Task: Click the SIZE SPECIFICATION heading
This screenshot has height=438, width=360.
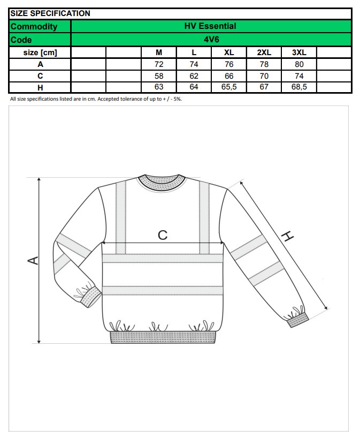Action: pos(50,13)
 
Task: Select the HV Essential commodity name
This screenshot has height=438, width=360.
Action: pos(210,26)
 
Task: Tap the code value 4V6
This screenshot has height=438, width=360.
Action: pos(211,40)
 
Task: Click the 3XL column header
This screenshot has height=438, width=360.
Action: pos(299,52)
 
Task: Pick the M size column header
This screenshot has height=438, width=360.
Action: pos(159,52)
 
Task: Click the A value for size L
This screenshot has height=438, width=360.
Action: pos(194,64)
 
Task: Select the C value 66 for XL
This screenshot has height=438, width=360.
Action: pos(229,76)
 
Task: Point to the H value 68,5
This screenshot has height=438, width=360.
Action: pos(299,87)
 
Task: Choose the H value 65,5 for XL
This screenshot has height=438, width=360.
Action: pos(229,87)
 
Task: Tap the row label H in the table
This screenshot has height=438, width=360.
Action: pos(40,87)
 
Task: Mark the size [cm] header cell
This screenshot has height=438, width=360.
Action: pos(40,52)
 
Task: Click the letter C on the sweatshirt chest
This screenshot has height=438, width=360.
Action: pos(163,235)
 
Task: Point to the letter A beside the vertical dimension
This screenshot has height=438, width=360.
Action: pos(33,260)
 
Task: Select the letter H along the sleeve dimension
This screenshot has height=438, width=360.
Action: pos(288,236)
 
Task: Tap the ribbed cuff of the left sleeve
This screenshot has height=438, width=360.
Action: pos(88,296)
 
